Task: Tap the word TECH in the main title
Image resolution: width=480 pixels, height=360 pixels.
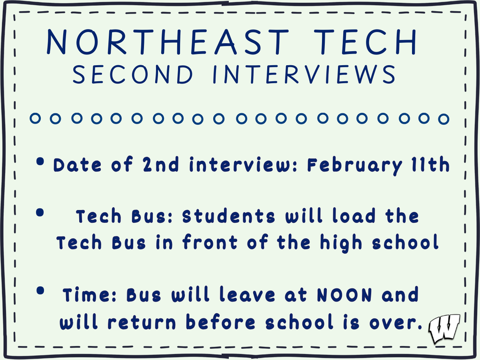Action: [x=365, y=42]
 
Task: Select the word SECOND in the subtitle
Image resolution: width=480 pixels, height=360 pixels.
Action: [x=133, y=75]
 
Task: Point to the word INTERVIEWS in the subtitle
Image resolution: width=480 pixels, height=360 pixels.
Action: [x=304, y=75]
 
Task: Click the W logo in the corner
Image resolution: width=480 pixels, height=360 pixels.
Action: [x=443, y=328]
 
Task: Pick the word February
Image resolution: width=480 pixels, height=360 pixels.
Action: [x=354, y=165]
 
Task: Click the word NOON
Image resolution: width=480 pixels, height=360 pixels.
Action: [x=345, y=295]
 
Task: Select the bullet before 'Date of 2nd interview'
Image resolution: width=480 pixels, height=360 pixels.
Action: [x=41, y=162]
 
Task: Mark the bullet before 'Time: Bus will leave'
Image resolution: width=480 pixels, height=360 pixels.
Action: [x=41, y=291]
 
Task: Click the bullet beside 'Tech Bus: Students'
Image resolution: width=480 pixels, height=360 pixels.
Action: [x=40, y=213]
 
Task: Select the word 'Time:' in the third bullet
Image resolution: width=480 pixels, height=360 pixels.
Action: [x=90, y=295]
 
